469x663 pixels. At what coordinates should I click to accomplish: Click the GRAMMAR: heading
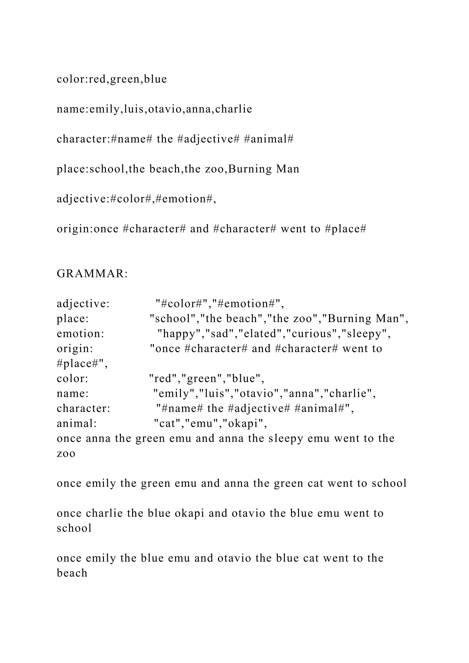[x=92, y=273]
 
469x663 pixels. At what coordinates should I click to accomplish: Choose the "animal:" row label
[x=76, y=423]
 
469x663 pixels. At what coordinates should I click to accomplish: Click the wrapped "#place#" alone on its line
[x=80, y=364]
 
